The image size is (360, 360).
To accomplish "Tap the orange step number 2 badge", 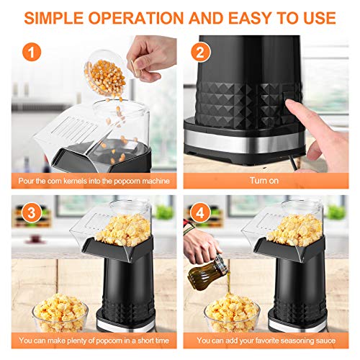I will point(199,51).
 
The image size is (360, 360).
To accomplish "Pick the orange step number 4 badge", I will point(199,214).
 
